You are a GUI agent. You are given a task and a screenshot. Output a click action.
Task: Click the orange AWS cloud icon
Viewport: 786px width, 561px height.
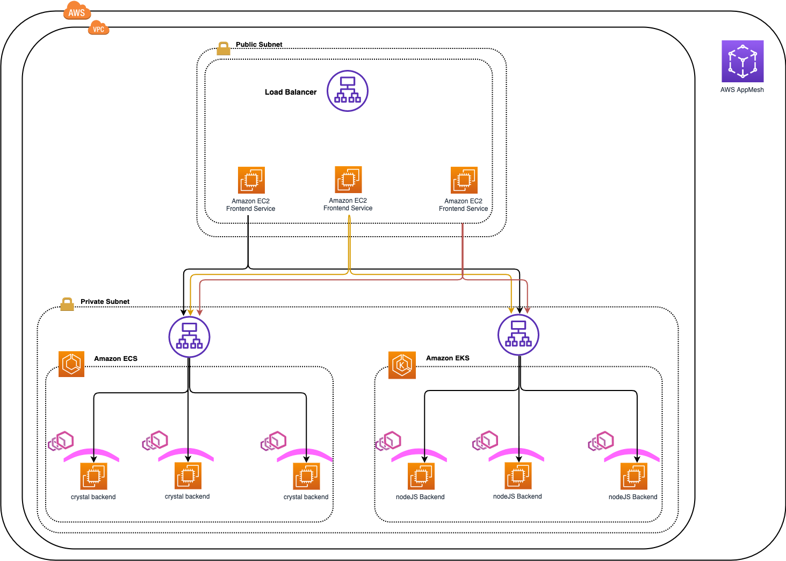77,11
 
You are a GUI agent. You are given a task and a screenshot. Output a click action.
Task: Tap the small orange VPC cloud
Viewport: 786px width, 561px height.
98,29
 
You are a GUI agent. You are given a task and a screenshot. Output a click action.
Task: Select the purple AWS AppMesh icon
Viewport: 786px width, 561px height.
742,61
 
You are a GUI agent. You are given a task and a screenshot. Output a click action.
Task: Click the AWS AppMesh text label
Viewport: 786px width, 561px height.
742,90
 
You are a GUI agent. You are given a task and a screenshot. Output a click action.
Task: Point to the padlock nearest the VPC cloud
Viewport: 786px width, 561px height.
223,49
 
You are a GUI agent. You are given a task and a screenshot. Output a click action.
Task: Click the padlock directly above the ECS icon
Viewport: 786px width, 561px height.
67,304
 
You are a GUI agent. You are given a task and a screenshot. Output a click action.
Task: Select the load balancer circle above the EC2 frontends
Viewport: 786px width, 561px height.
348,91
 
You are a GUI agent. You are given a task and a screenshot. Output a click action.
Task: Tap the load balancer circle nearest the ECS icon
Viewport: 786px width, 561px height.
189,337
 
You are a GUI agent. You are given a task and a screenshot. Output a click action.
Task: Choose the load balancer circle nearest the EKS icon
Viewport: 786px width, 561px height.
518,335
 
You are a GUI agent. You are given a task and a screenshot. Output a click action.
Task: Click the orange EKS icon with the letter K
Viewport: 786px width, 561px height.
402,365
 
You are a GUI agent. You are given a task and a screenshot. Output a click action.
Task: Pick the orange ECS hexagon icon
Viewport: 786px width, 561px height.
71,364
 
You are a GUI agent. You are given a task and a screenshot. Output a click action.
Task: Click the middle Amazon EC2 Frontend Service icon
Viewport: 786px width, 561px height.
348,180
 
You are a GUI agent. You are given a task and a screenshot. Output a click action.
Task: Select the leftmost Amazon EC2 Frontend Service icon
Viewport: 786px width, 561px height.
251,180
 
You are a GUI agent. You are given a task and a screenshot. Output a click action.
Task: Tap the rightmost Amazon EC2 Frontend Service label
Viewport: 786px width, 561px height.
463,205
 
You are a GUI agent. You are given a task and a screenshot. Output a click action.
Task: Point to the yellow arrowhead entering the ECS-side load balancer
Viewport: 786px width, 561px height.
190,313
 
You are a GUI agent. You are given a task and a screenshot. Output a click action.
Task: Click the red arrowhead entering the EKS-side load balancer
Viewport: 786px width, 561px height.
528,310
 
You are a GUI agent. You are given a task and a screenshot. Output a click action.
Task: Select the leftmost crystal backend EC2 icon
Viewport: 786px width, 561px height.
93,476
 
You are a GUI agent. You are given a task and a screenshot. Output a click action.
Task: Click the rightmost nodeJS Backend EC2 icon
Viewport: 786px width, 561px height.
634,476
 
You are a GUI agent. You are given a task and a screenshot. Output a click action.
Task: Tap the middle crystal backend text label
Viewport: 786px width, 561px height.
187,496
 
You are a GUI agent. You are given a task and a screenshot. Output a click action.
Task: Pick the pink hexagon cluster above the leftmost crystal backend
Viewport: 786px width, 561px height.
61,441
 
